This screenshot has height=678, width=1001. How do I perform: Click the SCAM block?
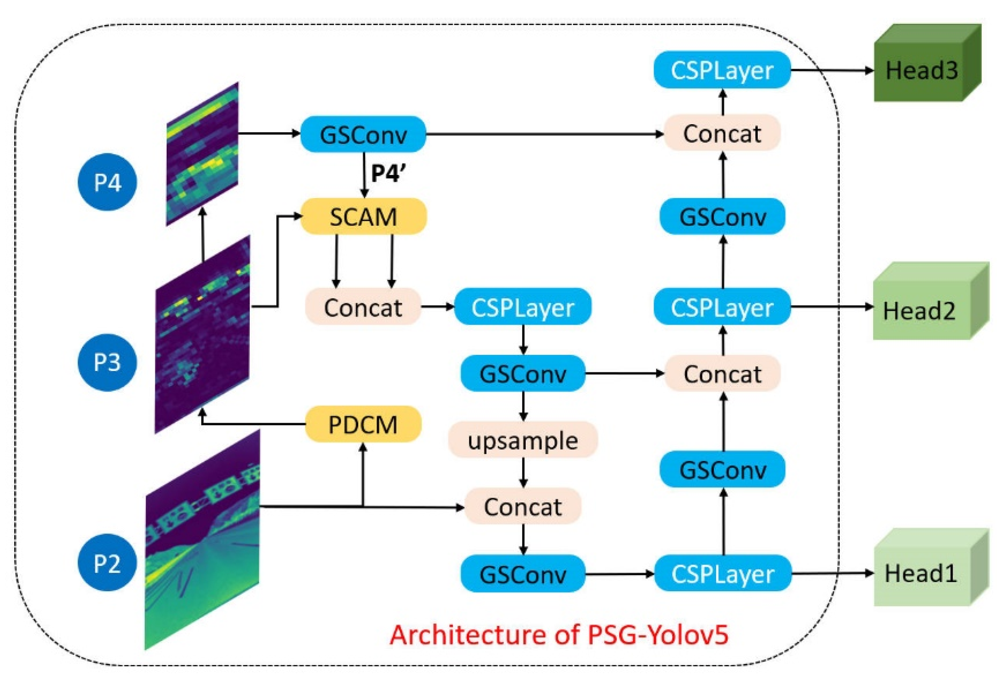[363, 217]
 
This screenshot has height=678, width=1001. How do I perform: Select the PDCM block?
[363, 424]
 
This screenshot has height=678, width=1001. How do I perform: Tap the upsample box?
[522, 440]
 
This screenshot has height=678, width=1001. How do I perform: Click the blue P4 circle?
[107, 182]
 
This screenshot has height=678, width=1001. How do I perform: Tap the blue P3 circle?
[107, 362]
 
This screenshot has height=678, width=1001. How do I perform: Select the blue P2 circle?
[107, 563]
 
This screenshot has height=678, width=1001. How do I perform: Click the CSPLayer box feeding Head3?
[722, 70]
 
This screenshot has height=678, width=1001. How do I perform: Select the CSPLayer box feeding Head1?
[722, 574]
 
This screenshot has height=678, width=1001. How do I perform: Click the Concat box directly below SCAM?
[363, 307]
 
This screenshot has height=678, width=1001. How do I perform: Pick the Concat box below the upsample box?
[522, 507]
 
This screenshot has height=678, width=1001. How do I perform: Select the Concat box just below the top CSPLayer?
[722, 134]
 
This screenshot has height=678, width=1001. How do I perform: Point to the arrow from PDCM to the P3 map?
[254, 424]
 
